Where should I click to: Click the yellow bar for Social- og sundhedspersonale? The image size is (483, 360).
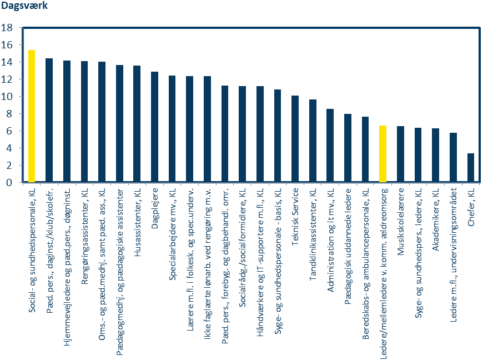pyautogui.click(x=32, y=116)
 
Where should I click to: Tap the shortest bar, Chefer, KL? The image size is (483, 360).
pyautogui.click(x=471, y=168)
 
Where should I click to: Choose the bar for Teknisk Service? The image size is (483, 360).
pyautogui.click(x=295, y=139)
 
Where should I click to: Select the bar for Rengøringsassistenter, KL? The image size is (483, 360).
pyautogui.click(x=84, y=122)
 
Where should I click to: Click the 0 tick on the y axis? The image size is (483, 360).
pyautogui.click(x=10, y=182)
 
